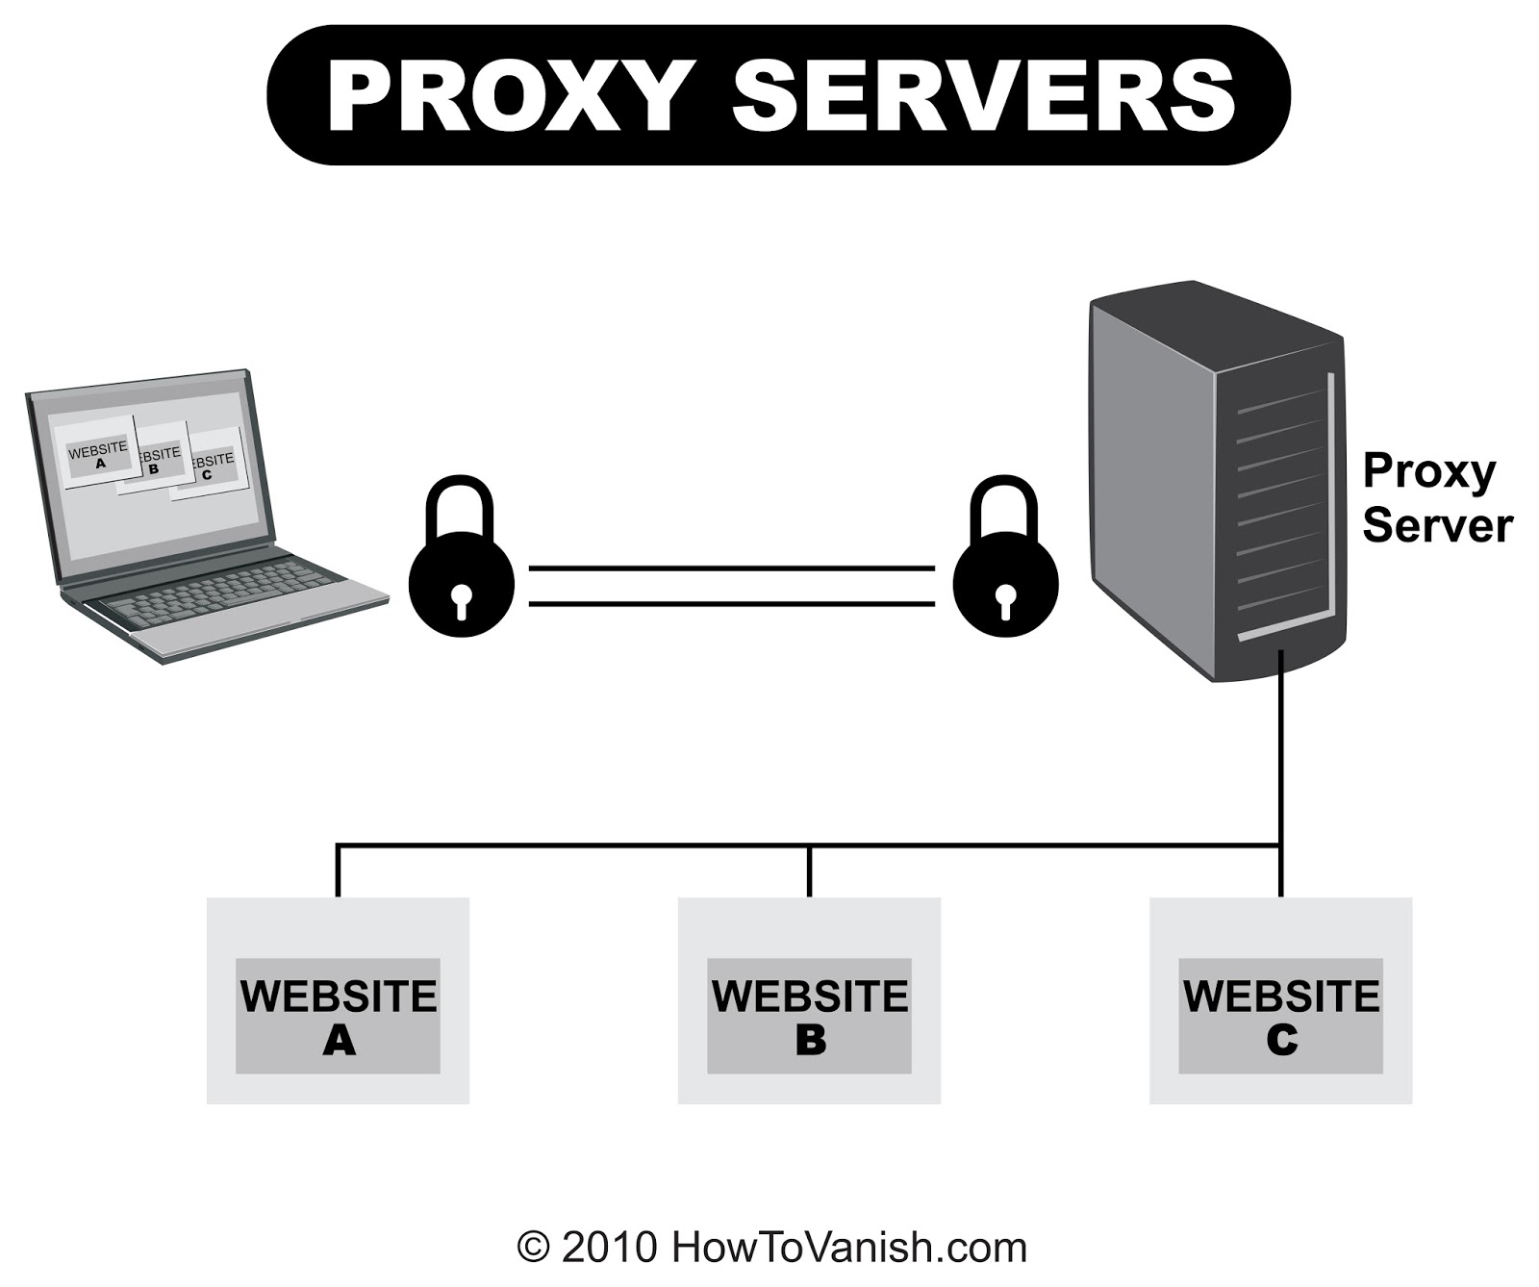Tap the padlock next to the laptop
[462, 568]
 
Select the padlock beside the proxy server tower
[1005, 568]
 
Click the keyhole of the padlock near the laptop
[462, 600]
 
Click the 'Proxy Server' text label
[1436, 498]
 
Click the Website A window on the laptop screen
[98, 455]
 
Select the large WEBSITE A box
[338, 1000]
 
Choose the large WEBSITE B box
[809, 1000]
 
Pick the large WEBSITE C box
[1280, 1000]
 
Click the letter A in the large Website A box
[339, 1041]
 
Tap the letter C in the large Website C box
[1281, 1041]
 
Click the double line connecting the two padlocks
[731, 586]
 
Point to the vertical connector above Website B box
[809, 871]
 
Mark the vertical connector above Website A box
[338, 871]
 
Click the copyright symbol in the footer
[533, 1248]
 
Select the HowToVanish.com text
[849, 1248]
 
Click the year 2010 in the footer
[609, 1248]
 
